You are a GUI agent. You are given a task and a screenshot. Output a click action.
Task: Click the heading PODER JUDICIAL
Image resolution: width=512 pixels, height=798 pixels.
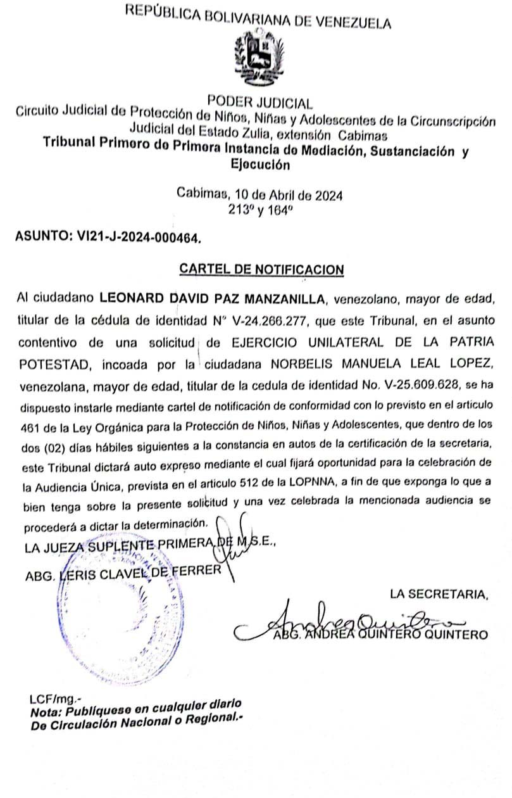[259, 103]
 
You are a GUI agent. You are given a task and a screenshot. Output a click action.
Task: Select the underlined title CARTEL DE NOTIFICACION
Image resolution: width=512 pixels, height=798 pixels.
[261, 269]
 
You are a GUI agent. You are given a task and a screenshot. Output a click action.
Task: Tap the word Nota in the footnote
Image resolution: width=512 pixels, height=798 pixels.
[44, 712]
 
